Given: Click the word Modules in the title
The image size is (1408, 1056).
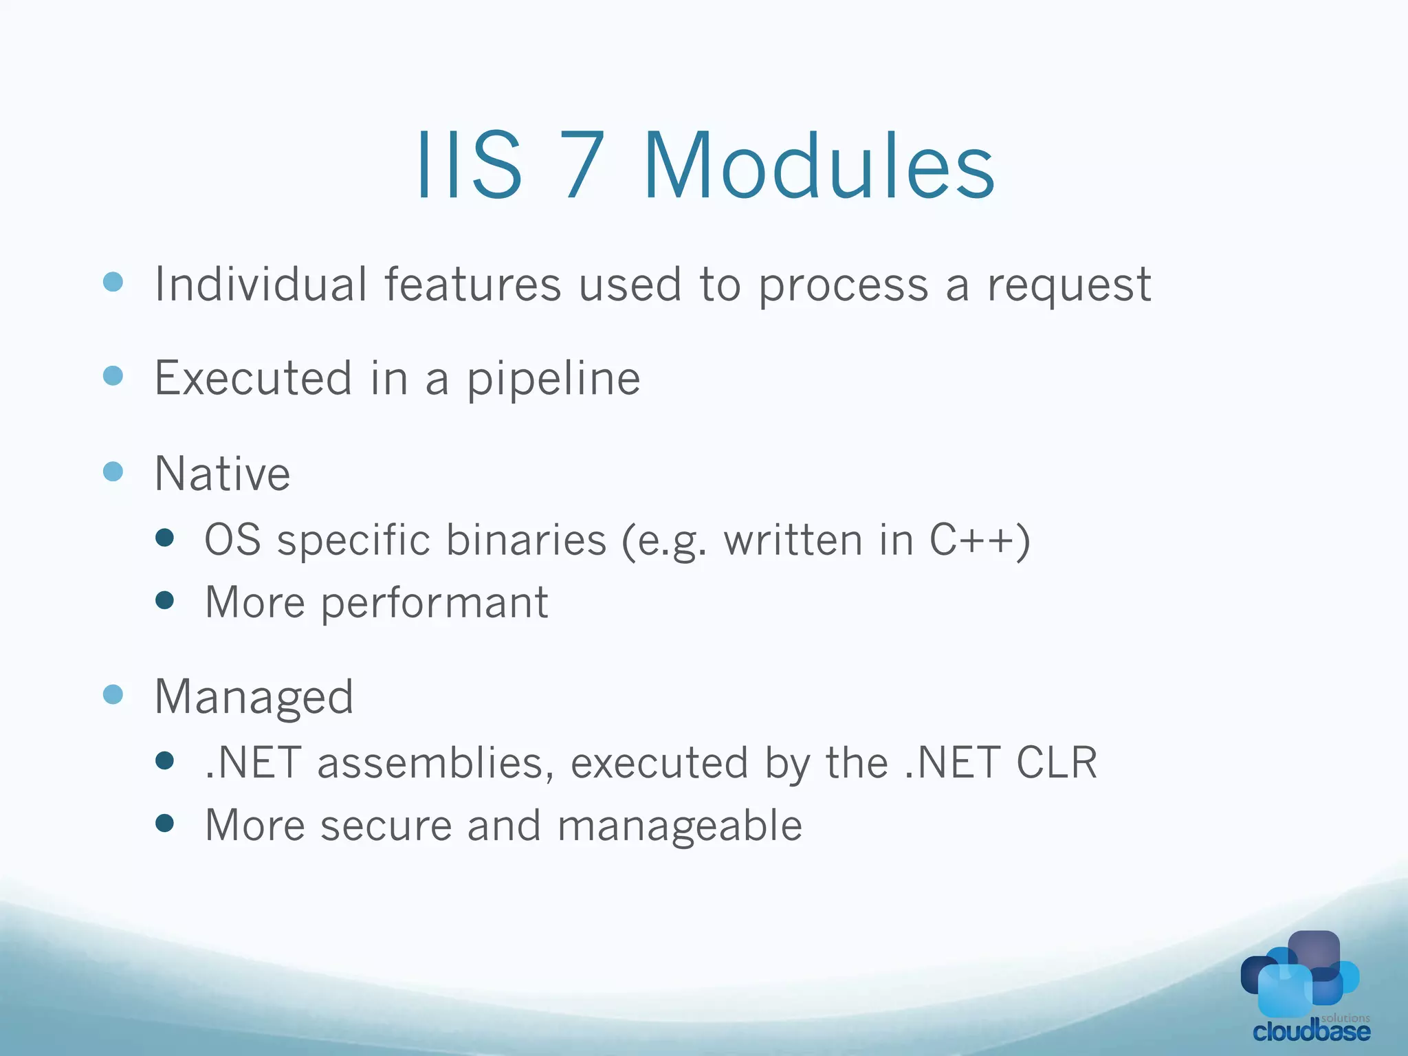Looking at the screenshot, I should [818, 166].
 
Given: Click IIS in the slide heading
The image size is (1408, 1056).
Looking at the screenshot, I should [469, 166].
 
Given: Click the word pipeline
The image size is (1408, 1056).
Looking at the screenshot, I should [553, 380].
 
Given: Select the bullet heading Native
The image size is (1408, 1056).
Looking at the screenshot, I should [223, 474].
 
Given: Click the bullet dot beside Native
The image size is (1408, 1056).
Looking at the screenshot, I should [113, 472].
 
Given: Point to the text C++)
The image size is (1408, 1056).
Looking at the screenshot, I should [980, 540].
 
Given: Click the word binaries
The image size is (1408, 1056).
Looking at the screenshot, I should [526, 540].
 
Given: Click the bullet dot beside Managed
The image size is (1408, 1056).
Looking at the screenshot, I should [113, 694].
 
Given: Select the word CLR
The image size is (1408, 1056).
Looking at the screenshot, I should [1056, 762].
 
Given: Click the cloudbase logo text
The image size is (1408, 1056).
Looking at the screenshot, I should [1311, 1031].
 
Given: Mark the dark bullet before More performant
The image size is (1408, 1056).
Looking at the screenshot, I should [164, 600].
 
